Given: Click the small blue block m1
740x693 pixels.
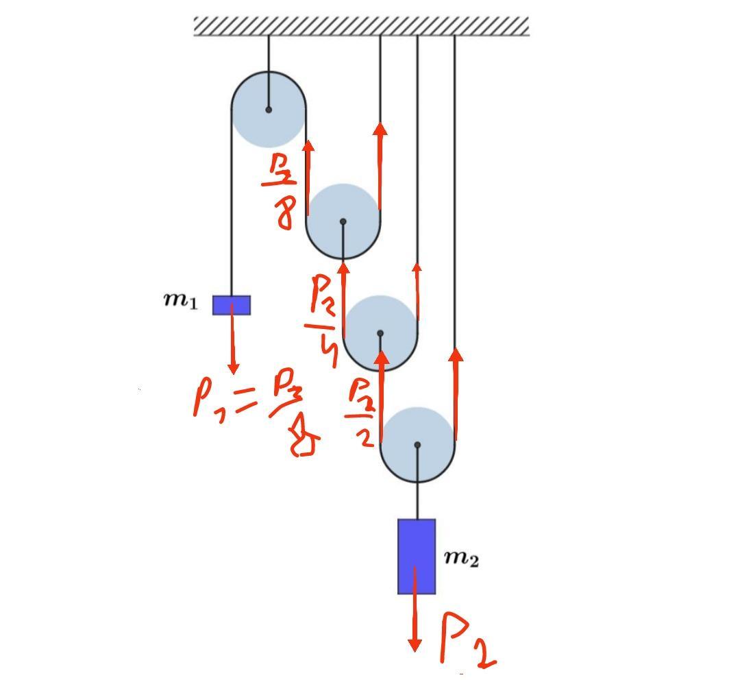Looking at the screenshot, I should click(232, 305).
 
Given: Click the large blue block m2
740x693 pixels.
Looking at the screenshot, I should click(417, 556).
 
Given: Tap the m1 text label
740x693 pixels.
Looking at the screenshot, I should click(180, 300).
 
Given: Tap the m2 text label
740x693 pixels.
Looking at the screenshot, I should click(461, 558).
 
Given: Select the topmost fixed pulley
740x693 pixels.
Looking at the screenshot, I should click(269, 110).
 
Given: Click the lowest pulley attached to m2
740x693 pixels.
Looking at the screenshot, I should click(417, 445).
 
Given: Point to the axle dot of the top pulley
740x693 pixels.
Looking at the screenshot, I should click(269, 110).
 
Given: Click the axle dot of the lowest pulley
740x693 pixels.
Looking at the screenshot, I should click(417, 445).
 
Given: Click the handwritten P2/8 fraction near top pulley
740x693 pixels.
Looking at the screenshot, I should click(281, 191).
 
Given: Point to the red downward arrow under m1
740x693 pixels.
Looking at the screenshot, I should click(233, 343).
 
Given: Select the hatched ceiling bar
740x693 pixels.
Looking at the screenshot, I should click(361, 26).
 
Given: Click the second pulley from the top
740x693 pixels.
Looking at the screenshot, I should click(343, 221).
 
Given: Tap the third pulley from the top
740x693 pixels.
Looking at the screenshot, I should click(380, 333).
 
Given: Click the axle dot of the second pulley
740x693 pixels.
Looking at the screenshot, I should click(343, 221).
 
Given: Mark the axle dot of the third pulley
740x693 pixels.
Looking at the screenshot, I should click(380, 333).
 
